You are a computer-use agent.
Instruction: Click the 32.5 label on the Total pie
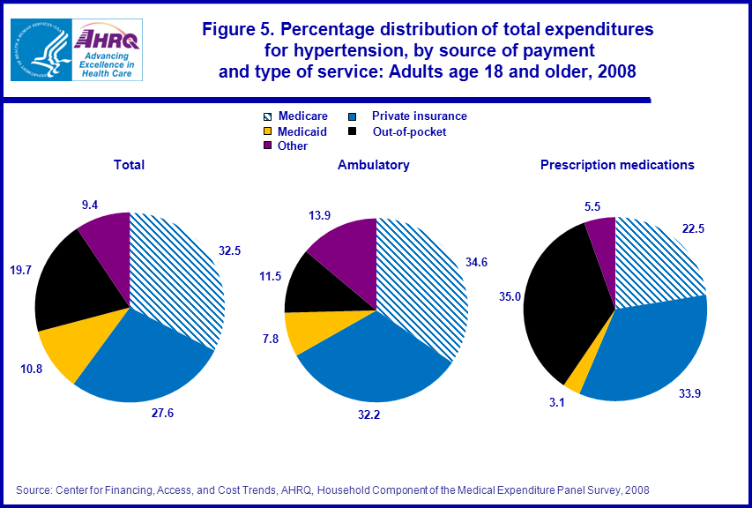[231, 250]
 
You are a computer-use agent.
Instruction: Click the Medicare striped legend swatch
[269, 116]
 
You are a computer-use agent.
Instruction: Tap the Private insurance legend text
[419, 116]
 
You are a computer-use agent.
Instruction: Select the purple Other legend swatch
[269, 146]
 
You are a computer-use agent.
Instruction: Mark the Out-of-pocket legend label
[409, 131]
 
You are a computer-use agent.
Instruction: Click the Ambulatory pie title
[373, 165]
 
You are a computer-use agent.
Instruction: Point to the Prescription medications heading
[617, 165]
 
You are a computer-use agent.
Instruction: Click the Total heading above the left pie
[129, 165]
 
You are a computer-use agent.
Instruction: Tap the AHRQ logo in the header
[106, 50]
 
